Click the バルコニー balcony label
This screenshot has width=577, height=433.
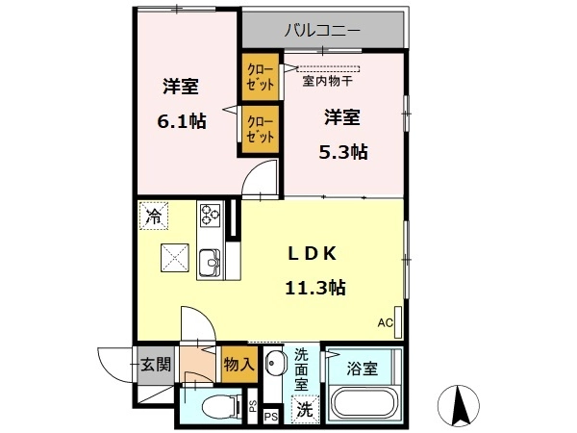coord(322,31)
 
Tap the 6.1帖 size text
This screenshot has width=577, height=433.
coord(182,121)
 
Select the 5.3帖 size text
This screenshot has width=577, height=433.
coord(343,152)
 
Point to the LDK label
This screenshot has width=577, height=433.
coord(312,254)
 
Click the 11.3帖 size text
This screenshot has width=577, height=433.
coord(315,288)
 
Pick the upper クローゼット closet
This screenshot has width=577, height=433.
coord(261,77)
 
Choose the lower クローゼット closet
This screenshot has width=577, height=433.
coord(261,129)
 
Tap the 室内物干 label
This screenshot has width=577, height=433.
coord(327,81)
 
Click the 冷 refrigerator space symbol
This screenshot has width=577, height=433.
coord(154,216)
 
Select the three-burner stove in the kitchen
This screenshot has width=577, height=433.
coord(210,215)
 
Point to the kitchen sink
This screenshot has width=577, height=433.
coord(210,263)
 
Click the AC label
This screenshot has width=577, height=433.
coord(386,323)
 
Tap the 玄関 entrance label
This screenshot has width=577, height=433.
coord(156,365)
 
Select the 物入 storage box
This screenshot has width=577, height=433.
coord(239,365)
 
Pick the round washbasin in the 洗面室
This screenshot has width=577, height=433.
coord(273,363)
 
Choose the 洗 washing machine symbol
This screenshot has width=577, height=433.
coord(305,409)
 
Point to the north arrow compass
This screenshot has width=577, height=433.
coord(459,406)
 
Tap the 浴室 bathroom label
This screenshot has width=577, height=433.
coord(363,369)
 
